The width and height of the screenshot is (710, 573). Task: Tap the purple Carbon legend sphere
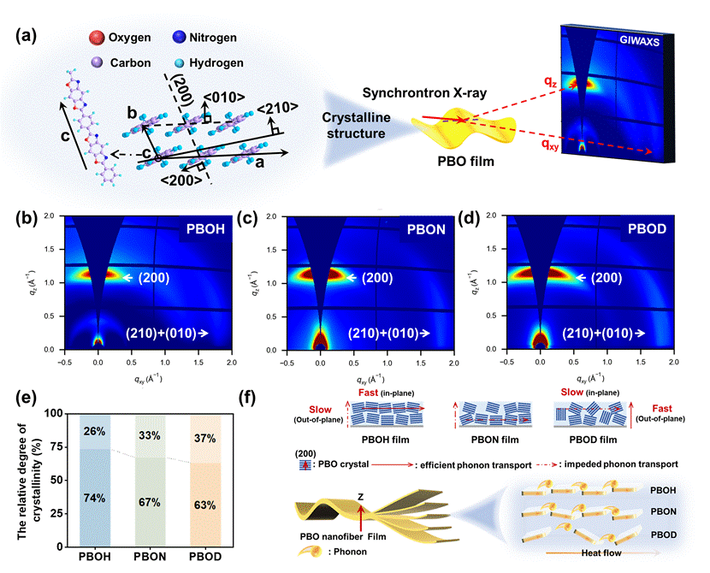(x=97, y=62)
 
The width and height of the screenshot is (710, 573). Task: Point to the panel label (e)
(x=27, y=400)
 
